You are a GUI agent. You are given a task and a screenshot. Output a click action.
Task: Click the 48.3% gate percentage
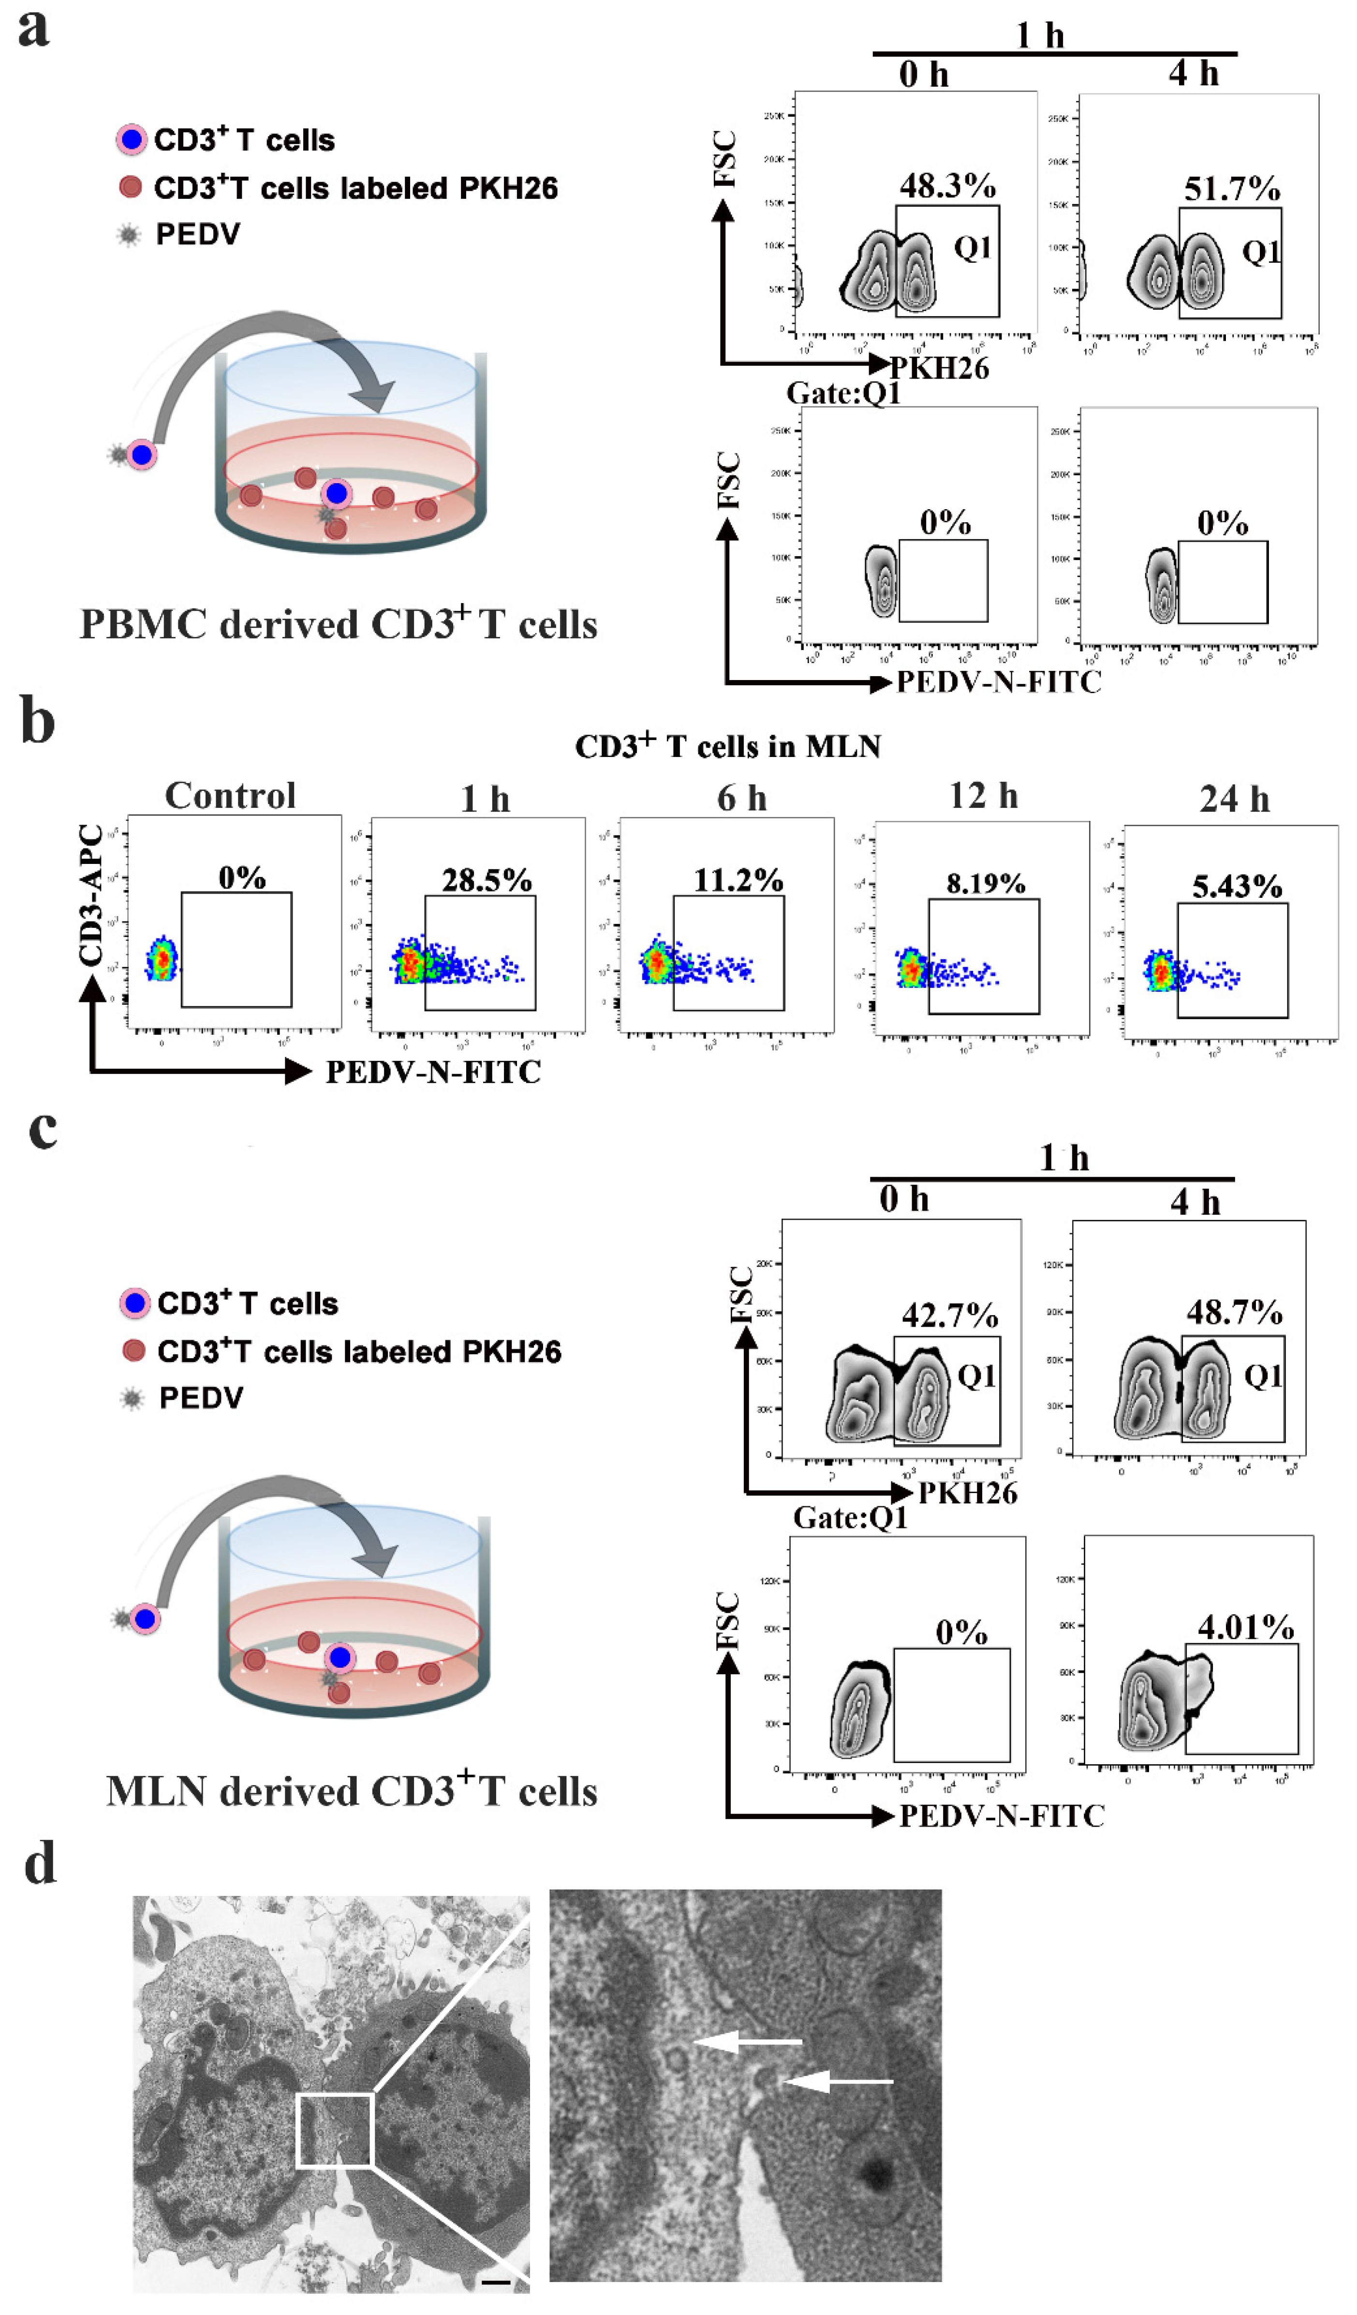tap(947, 186)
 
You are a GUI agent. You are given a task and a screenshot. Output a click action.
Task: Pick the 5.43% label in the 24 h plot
tap(1237, 887)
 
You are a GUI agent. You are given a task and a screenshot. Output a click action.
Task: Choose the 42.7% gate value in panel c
tap(949, 1316)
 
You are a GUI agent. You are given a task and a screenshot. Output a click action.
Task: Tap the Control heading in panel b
tap(231, 796)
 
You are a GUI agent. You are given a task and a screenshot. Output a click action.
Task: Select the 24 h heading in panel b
tap(1234, 799)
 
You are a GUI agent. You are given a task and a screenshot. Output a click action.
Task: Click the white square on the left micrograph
tap(334, 2130)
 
